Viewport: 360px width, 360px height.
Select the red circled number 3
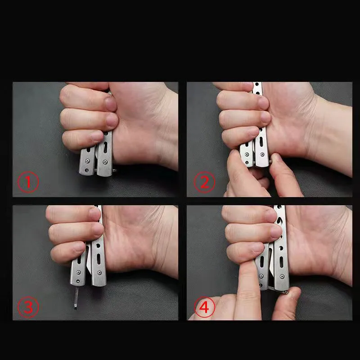coord(28,307)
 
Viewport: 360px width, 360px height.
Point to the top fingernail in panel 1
coord(111,103)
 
